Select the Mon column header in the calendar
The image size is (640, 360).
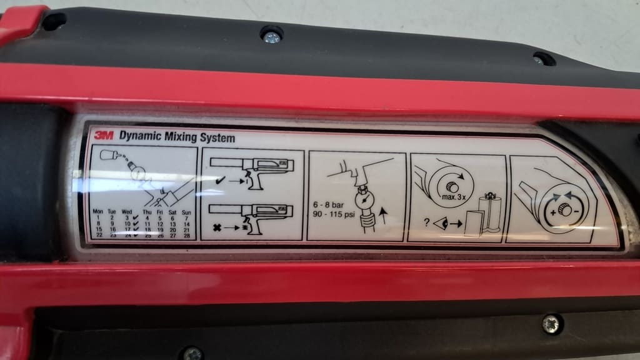pyautogui.click(x=98, y=212)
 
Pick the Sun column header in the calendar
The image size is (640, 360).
pyautogui.click(x=186, y=212)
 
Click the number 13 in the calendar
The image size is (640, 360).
pyautogui.click(x=171, y=224)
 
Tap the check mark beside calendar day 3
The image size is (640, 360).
pyautogui.click(x=136, y=217)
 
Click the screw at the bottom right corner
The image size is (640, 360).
pyautogui.click(x=551, y=324)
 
